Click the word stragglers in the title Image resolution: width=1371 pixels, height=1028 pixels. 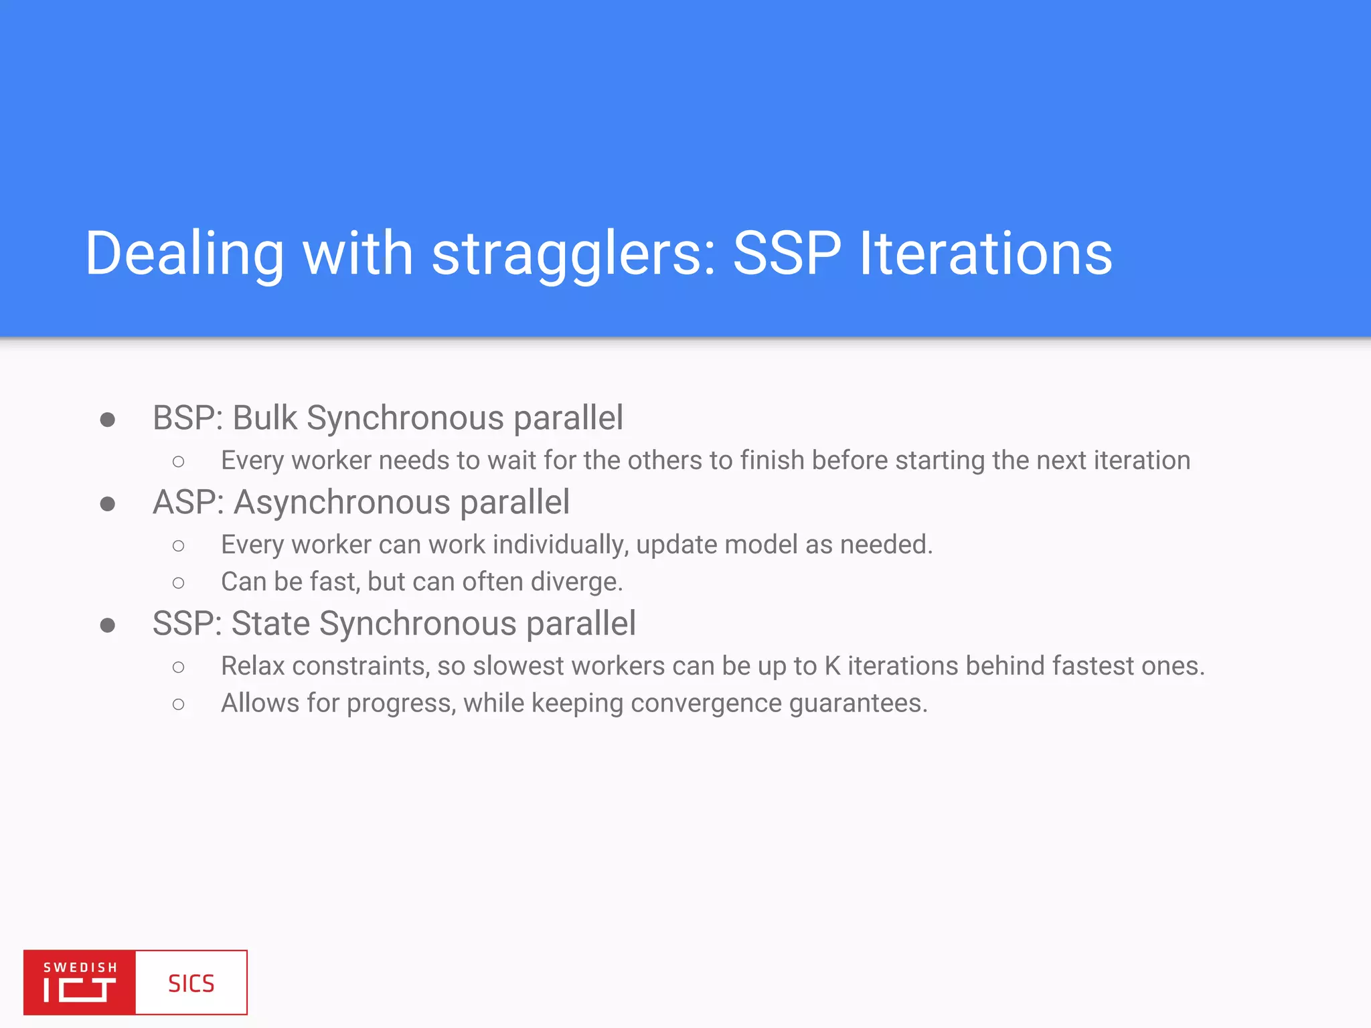click(x=574, y=254)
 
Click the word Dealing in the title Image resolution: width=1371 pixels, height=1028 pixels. click(x=185, y=254)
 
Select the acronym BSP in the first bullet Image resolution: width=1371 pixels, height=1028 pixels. click(x=186, y=418)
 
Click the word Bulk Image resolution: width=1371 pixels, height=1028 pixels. click(x=264, y=418)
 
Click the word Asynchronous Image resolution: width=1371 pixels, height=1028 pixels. click(x=341, y=503)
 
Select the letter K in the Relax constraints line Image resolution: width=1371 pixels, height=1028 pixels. click(x=832, y=666)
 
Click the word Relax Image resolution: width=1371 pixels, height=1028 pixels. click(x=253, y=666)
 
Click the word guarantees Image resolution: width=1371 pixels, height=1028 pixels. click(x=858, y=703)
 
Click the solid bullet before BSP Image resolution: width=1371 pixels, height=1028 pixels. click(x=107, y=420)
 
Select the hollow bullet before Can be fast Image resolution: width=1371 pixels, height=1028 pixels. click(x=178, y=583)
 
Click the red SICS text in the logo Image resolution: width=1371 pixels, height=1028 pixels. click(x=191, y=983)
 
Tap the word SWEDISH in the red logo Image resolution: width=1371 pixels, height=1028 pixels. click(x=80, y=967)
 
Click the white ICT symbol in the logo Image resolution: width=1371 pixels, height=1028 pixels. click(x=80, y=990)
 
